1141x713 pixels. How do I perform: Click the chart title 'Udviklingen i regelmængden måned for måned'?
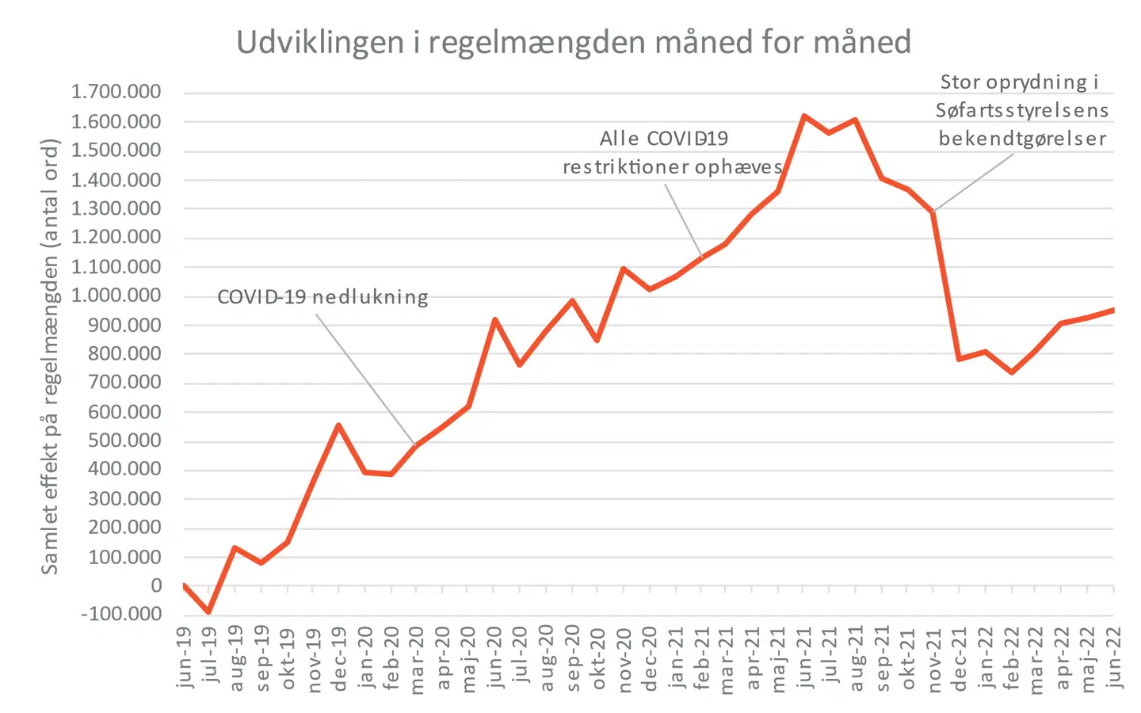click(574, 43)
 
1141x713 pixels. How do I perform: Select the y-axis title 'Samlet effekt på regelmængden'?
click(50, 356)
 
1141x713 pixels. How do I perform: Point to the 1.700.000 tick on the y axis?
click(116, 92)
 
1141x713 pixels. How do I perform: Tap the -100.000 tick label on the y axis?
click(121, 614)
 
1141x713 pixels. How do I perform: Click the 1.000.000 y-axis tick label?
click(116, 295)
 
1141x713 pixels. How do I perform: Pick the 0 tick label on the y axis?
click(156, 585)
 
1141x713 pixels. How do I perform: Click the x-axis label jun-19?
click(184, 657)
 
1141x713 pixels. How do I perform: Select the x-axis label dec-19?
click(338, 658)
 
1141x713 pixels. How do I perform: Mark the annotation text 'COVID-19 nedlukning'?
click(322, 298)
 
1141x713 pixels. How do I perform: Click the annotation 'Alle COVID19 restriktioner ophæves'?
click(672, 153)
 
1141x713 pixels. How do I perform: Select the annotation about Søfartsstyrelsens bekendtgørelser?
click(1022, 110)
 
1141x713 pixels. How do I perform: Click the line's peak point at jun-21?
click(804, 116)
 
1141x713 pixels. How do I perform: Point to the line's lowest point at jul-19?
click(209, 612)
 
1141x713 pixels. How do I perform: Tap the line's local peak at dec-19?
click(338, 425)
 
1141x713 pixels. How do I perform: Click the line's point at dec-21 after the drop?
click(960, 359)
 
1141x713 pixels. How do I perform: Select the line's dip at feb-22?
click(1011, 372)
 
